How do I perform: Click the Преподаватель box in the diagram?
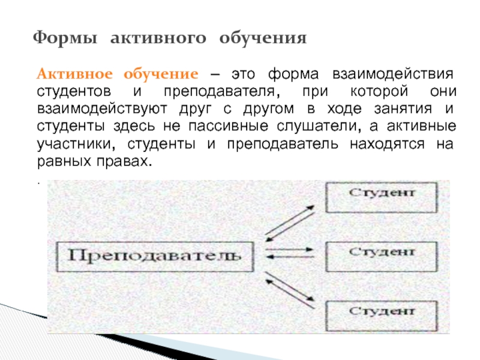tap(155, 256)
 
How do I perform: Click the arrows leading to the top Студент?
tap(289, 221)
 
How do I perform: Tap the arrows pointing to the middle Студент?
tap(289, 253)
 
